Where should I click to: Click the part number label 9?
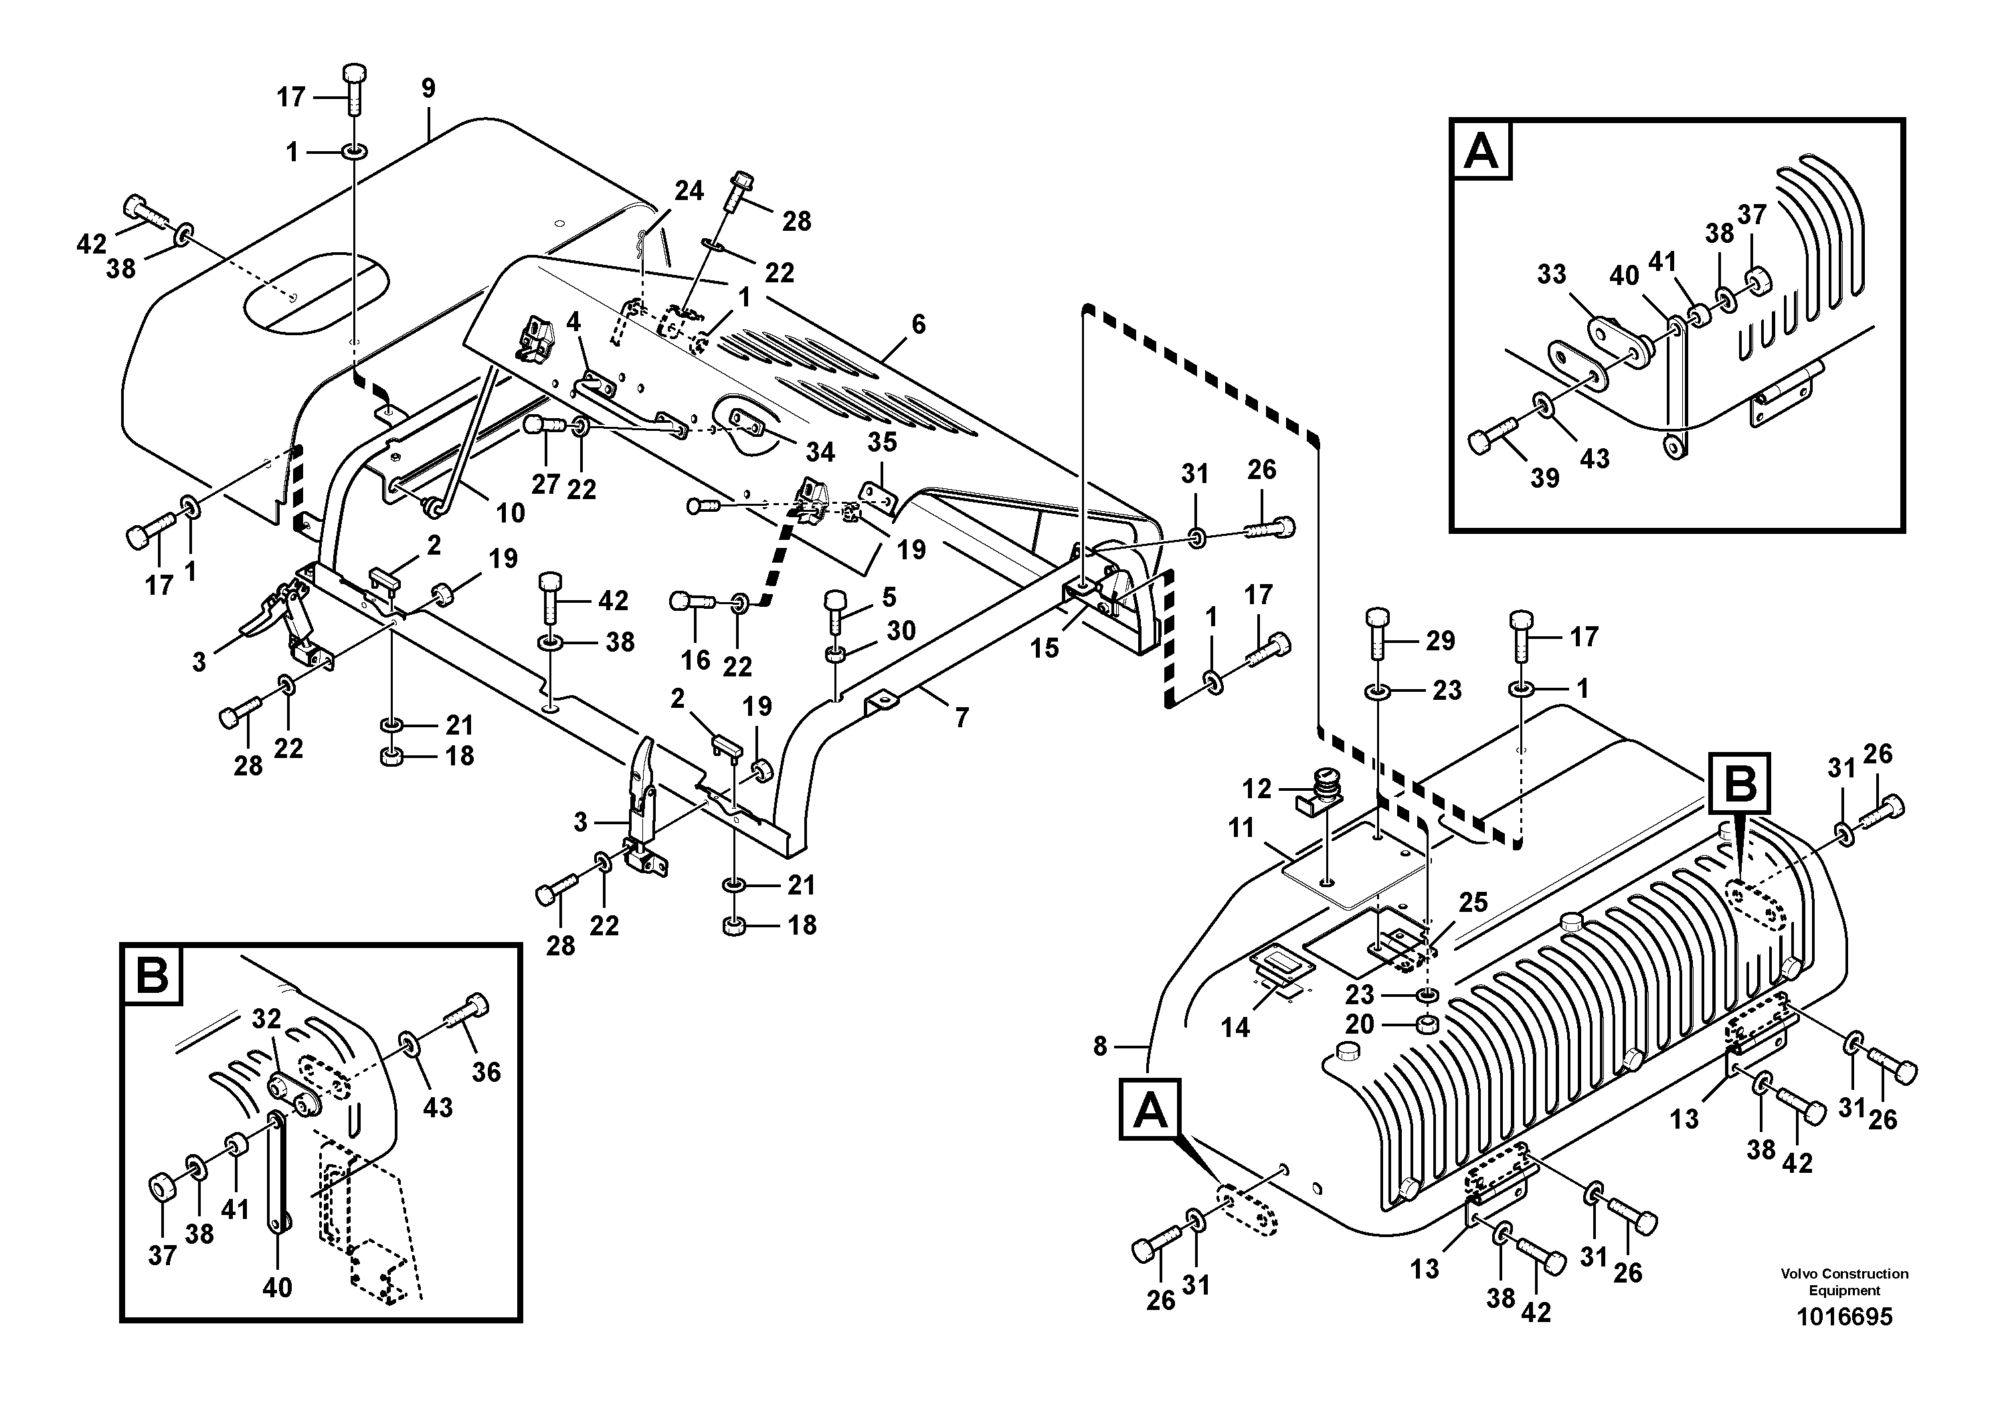click(x=428, y=88)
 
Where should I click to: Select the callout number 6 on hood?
click(x=918, y=324)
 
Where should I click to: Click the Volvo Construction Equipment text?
click(x=1843, y=1281)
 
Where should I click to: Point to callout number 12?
click(x=1256, y=789)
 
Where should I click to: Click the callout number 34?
click(x=820, y=452)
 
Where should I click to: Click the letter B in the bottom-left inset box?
click(x=153, y=976)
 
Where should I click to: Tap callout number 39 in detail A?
click(x=1544, y=477)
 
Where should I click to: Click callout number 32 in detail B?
click(x=267, y=1019)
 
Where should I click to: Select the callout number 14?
click(x=1235, y=1028)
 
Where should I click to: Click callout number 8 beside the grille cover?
click(x=1100, y=1047)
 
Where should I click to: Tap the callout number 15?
click(x=1045, y=648)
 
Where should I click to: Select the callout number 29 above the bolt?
click(x=1440, y=641)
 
